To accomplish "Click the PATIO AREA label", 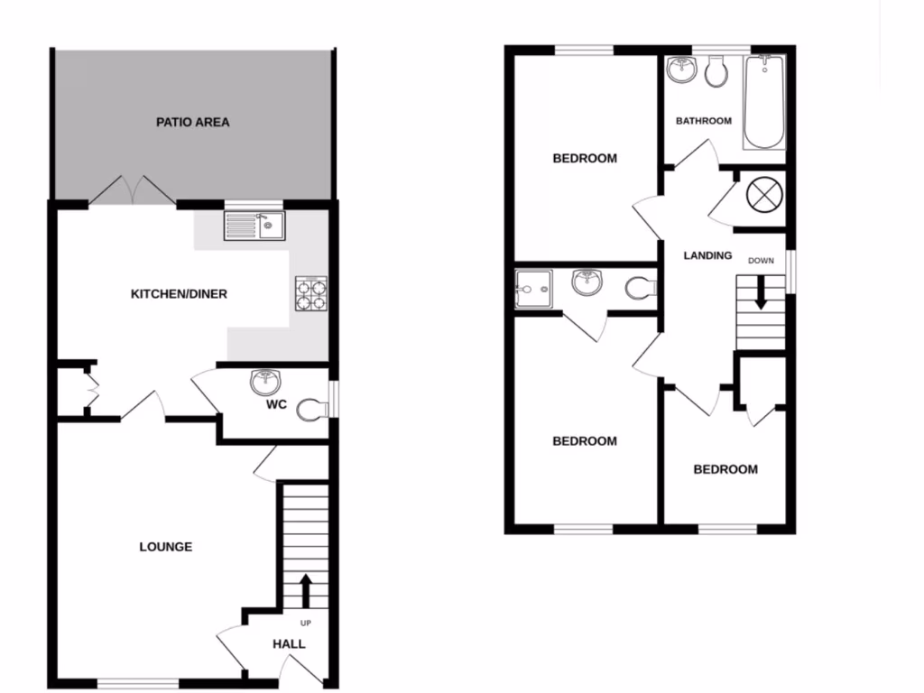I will coord(192,122).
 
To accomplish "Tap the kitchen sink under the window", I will coord(254,226).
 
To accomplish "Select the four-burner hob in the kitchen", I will coord(310,292).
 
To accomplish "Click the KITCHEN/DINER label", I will coord(179,294).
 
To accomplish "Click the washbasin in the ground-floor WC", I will coord(265,383).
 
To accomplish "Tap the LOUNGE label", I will coord(166,547).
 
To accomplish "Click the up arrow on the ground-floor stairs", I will coord(303,590).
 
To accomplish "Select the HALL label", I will coord(289,644).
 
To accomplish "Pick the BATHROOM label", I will coord(704,121).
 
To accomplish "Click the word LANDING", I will coord(707,255).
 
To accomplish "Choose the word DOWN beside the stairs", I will coord(761,261).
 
